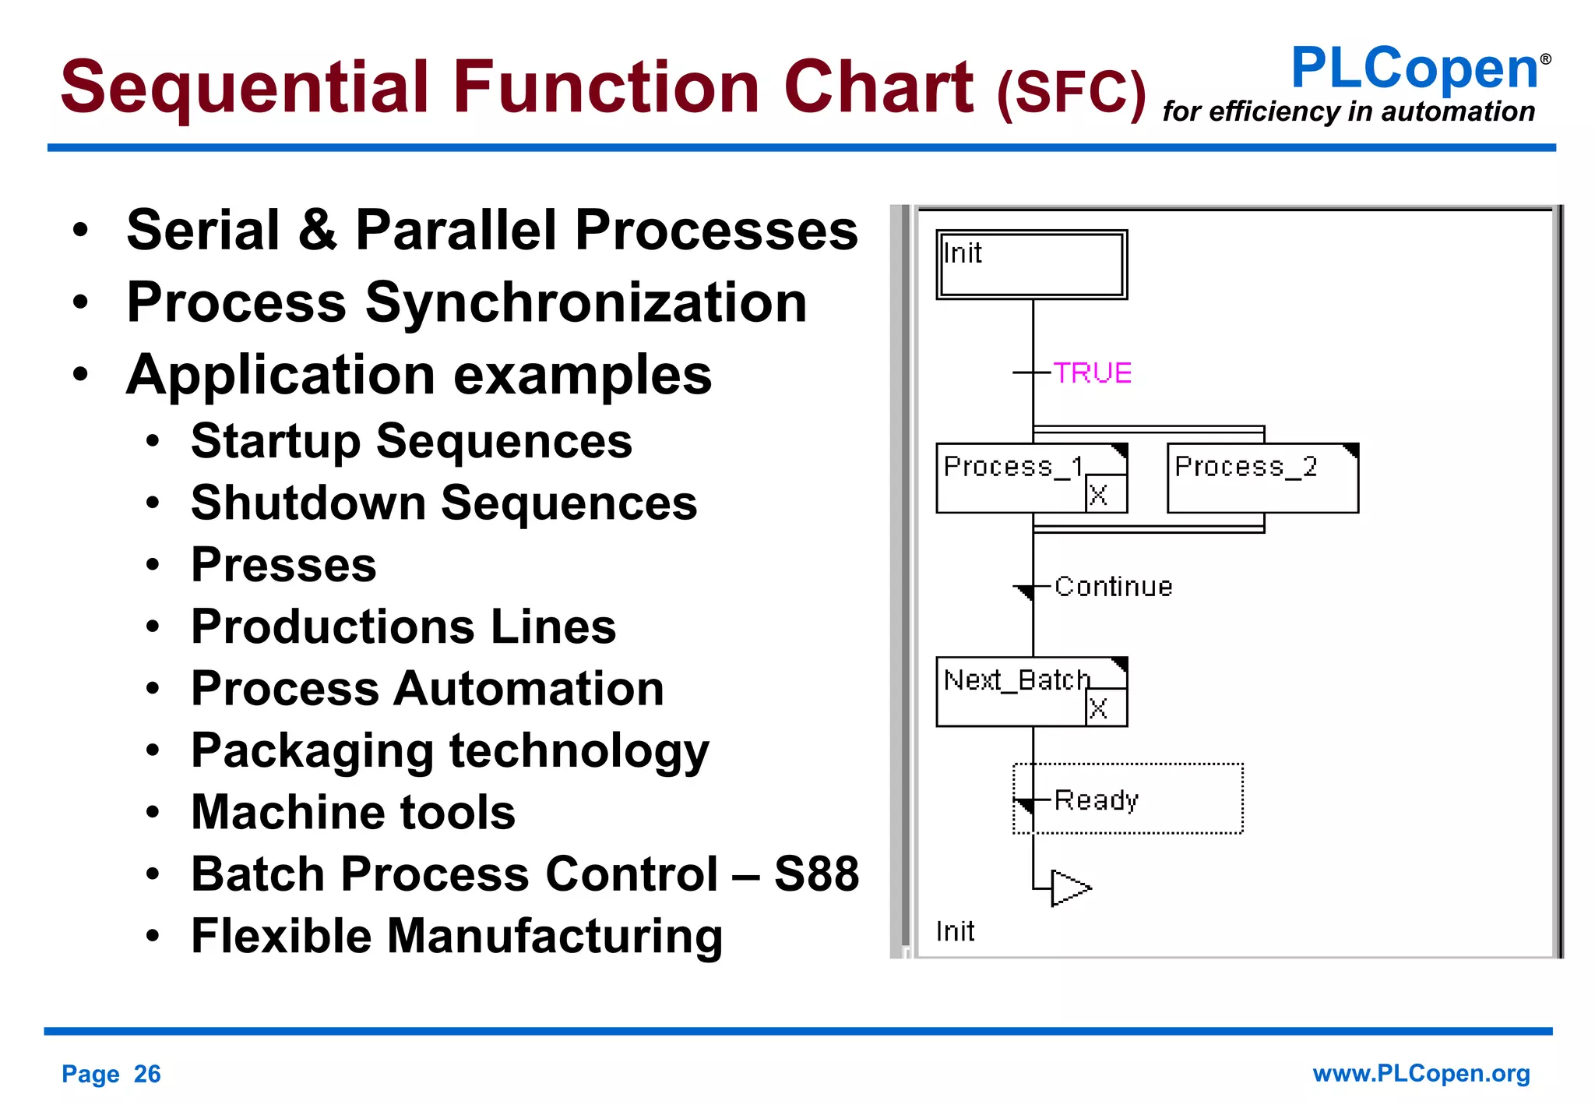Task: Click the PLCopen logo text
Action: pyautogui.click(x=1414, y=69)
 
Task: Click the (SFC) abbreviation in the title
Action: pyautogui.click(x=1071, y=94)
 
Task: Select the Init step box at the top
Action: pyautogui.click(x=1031, y=265)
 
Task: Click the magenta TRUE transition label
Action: pyautogui.click(x=1092, y=373)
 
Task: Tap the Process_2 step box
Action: pyautogui.click(x=1262, y=478)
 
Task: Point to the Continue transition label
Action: pyautogui.click(x=1113, y=587)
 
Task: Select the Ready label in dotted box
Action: pyautogui.click(x=1096, y=800)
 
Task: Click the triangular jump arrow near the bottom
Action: pyautogui.click(x=1069, y=888)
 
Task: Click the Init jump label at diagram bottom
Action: pyautogui.click(x=955, y=931)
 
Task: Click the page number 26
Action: pyautogui.click(x=147, y=1075)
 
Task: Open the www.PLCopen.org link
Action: pyautogui.click(x=1421, y=1074)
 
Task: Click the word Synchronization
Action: pyautogui.click(x=586, y=303)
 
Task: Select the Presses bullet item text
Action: pyautogui.click(x=283, y=565)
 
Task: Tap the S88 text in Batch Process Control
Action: pyautogui.click(x=816, y=874)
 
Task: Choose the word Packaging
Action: pyautogui.click(x=312, y=751)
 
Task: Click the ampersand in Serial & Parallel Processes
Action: pyautogui.click(x=317, y=231)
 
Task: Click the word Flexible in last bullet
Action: pyautogui.click(x=281, y=936)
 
